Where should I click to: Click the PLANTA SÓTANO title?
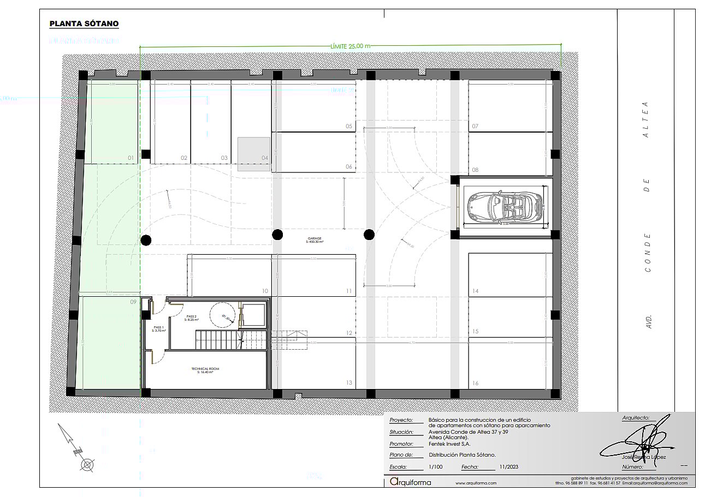(x=84, y=24)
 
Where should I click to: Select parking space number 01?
(x=131, y=158)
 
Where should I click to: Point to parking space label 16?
(x=476, y=384)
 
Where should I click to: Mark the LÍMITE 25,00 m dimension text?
(x=351, y=46)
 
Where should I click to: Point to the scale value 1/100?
(x=436, y=468)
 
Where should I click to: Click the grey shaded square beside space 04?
(x=253, y=154)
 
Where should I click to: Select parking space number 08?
(x=475, y=170)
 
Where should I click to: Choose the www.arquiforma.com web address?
(x=476, y=483)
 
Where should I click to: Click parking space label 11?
(x=349, y=291)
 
